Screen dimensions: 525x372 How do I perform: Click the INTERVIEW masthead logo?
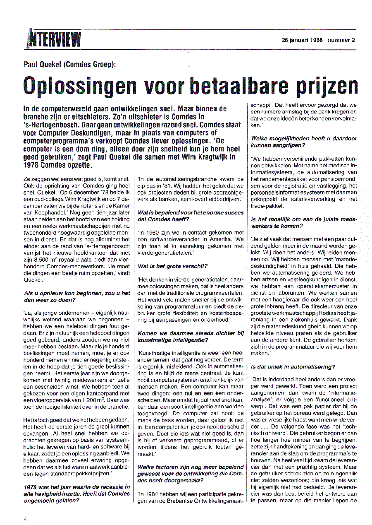pyautogui.click(x=54, y=40)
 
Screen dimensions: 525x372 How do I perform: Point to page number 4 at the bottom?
pyautogui.click(x=26, y=518)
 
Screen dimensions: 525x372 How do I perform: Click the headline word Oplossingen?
pyautogui.click(x=78, y=86)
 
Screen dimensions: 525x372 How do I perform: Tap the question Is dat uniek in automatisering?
pyautogui.click(x=293, y=366)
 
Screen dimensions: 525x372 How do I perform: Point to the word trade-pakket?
pyautogui.click(x=267, y=205)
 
